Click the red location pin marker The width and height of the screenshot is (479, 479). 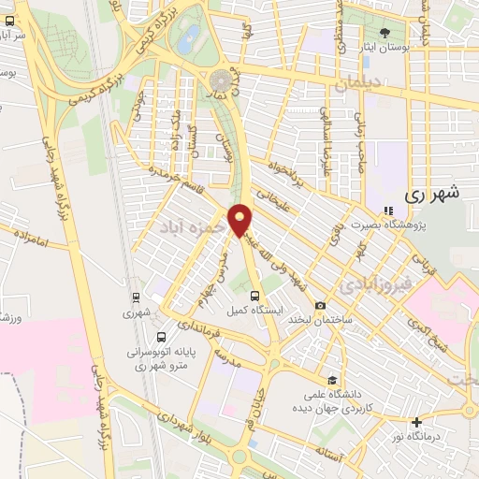241,219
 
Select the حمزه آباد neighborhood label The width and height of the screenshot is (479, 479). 190,226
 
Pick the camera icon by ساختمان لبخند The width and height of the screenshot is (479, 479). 321,305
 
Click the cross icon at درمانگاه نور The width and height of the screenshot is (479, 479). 416,422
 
